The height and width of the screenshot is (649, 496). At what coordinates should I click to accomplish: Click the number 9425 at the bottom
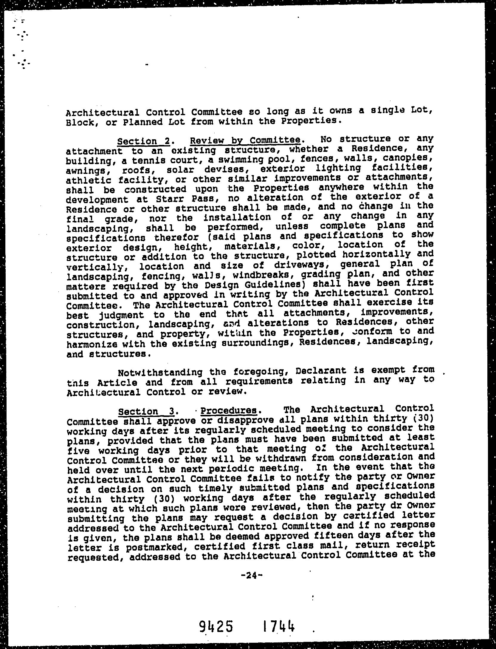point(216,626)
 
